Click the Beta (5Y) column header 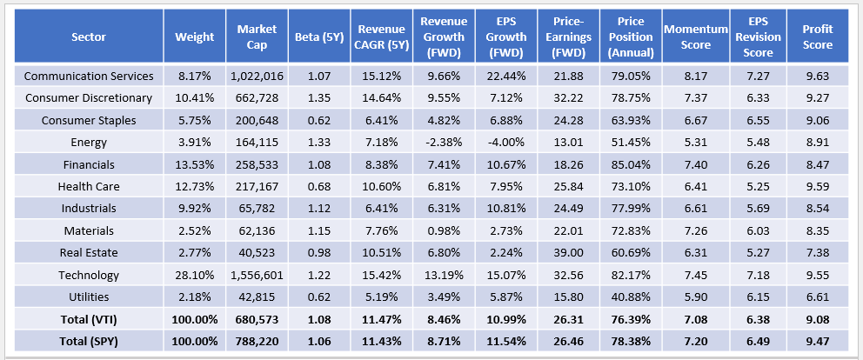324,37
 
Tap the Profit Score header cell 819,37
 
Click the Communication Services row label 90,77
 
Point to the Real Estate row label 90,252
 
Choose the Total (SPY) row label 90,341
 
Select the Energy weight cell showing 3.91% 194,143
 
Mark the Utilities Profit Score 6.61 819,297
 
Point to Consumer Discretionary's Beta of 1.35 324,98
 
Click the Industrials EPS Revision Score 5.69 755,209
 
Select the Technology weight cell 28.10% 194,275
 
